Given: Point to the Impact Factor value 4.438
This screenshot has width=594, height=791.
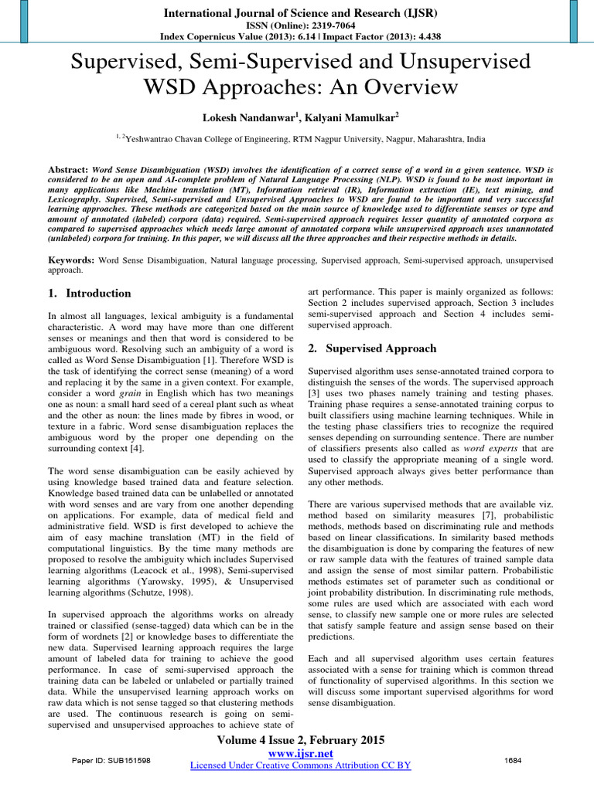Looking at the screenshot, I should [x=418, y=36].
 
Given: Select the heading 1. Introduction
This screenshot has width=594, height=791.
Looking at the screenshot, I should [x=90, y=294].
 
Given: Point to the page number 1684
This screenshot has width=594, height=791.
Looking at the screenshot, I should [x=512, y=761].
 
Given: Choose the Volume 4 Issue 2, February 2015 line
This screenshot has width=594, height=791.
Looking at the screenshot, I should [x=298, y=739].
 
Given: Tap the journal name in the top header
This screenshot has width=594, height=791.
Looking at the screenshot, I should [x=297, y=13].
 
